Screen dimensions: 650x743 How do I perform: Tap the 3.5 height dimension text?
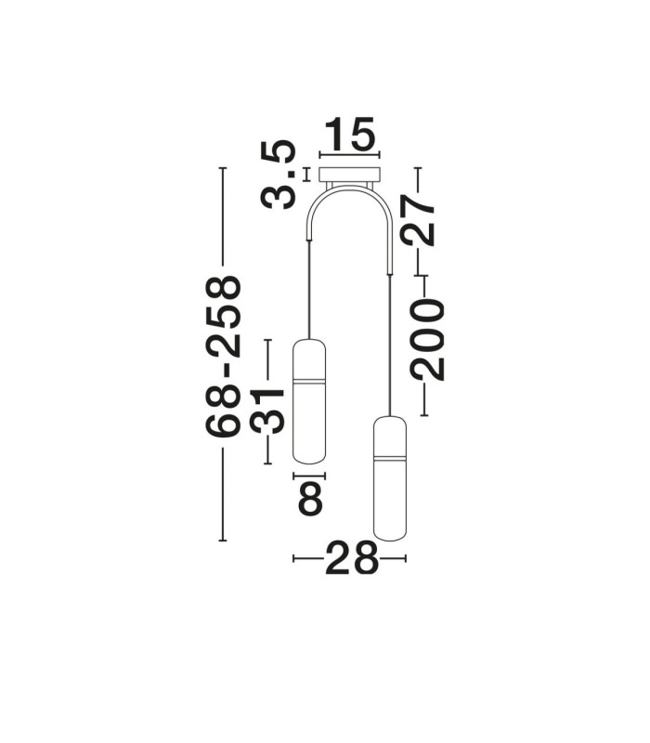(x=279, y=175)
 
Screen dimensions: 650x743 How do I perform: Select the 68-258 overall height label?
(x=223, y=356)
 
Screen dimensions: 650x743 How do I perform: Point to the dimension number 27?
(x=417, y=222)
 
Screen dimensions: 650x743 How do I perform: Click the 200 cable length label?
(x=428, y=340)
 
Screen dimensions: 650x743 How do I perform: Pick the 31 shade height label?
(x=267, y=410)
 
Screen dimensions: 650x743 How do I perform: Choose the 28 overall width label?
(x=351, y=558)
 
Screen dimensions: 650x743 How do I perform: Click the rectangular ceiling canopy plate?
(x=350, y=174)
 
